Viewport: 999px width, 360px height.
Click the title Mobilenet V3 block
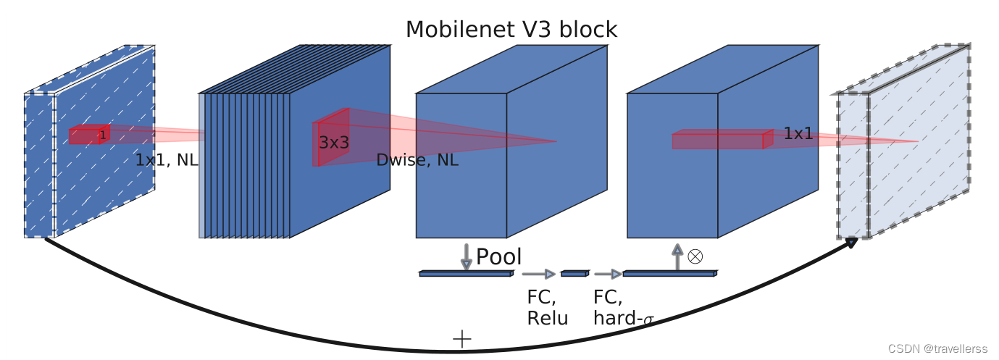(x=511, y=30)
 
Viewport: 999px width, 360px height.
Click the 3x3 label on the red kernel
(x=334, y=143)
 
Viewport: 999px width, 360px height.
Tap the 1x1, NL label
(x=167, y=161)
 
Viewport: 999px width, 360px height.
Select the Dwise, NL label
(x=417, y=161)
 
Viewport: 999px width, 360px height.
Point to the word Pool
(x=498, y=257)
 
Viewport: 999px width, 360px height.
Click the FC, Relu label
(x=548, y=308)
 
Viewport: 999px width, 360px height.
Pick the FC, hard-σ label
(x=623, y=308)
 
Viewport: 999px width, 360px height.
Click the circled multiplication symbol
(x=695, y=256)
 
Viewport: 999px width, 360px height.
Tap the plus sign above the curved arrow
(x=461, y=338)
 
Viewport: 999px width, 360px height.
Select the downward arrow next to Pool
(x=467, y=257)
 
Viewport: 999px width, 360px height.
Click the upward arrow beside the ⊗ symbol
(x=677, y=257)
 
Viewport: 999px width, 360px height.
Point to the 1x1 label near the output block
(x=798, y=134)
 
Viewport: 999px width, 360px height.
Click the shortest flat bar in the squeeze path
(x=574, y=274)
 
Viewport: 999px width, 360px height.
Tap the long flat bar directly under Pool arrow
(x=466, y=274)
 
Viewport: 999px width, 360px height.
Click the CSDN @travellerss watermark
(x=937, y=348)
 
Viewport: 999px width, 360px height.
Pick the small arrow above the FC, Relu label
(x=538, y=274)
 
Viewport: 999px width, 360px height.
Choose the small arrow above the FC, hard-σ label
(x=607, y=274)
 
